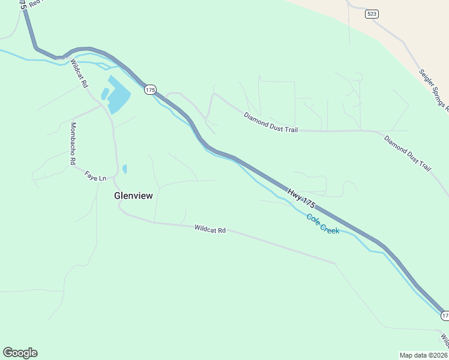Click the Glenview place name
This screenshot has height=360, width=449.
coord(134,196)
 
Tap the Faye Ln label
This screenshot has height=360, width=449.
coord(95,177)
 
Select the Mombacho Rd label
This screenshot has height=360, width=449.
coord(73,143)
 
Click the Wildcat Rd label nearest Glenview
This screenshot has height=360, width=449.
coord(209,229)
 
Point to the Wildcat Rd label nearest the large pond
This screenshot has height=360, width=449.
coord(78,73)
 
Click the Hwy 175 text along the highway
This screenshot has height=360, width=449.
coord(301,199)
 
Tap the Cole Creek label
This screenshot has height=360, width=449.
coord(322,224)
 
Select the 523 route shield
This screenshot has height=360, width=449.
coord(372,14)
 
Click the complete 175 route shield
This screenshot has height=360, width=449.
coord(150,89)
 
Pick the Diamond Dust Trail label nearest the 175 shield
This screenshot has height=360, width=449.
coord(271,122)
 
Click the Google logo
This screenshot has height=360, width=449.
coord(20,353)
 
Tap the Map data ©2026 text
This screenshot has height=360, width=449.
coord(423,355)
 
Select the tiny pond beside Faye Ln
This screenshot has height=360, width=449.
coord(124,169)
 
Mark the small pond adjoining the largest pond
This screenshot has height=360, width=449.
coord(105,94)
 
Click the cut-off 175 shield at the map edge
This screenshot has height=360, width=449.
coord(445,315)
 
